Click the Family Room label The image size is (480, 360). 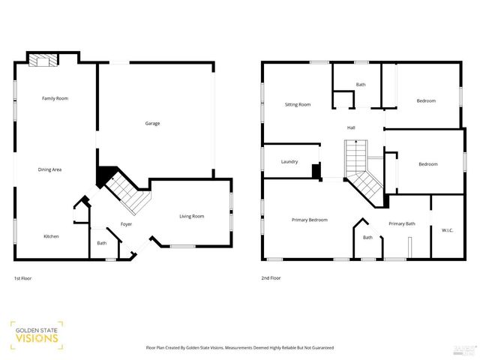click(x=55, y=98)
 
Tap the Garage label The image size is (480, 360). click(x=152, y=123)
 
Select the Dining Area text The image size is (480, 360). click(x=49, y=169)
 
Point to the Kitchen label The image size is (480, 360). click(x=51, y=236)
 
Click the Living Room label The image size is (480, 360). click(x=191, y=217)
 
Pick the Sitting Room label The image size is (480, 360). click(x=298, y=104)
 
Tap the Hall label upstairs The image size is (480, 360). click(x=351, y=127)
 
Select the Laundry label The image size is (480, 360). click(x=289, y=161)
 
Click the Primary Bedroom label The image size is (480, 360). click(x=310, y=220)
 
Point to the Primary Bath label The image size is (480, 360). click(x=402, y=223)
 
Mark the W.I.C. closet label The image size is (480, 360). click(x=447, y=230)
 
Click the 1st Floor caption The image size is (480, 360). click(x=22, y=278)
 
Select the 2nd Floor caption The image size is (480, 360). click(x=271, y=278)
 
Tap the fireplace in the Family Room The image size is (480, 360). click(x=43, y=60)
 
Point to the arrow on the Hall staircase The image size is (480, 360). click(x=357, y=142)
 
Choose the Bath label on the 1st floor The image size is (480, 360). click(x=101, y=243)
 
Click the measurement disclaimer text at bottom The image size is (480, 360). click(x=239, y=348)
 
